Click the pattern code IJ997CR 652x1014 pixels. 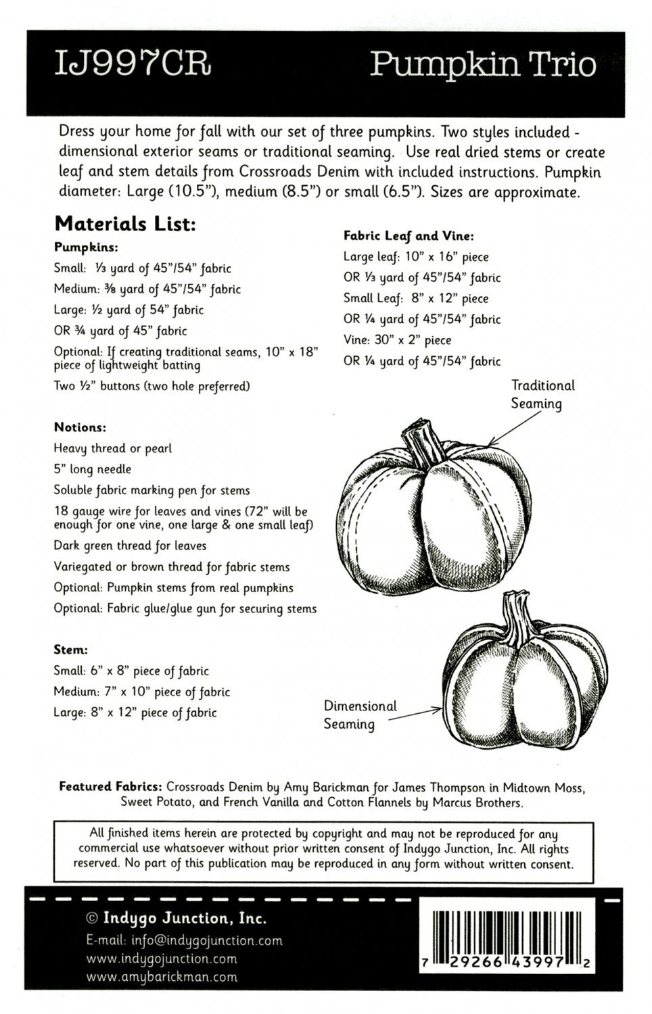point(133,65)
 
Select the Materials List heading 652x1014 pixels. point(125,223)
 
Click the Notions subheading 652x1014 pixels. point(80,427)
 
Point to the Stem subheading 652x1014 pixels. point(71,650)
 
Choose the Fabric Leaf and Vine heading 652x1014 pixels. point(409,236)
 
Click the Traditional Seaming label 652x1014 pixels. point(542,395)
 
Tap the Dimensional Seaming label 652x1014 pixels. point(359,715)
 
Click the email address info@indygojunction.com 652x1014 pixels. point(184,940)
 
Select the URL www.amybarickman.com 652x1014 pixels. point(162,976)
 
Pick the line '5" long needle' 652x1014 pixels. point(93,469)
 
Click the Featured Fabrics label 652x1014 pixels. point(110,787)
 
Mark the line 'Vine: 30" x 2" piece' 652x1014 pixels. point(397,340)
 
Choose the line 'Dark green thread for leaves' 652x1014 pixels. point(130,546)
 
